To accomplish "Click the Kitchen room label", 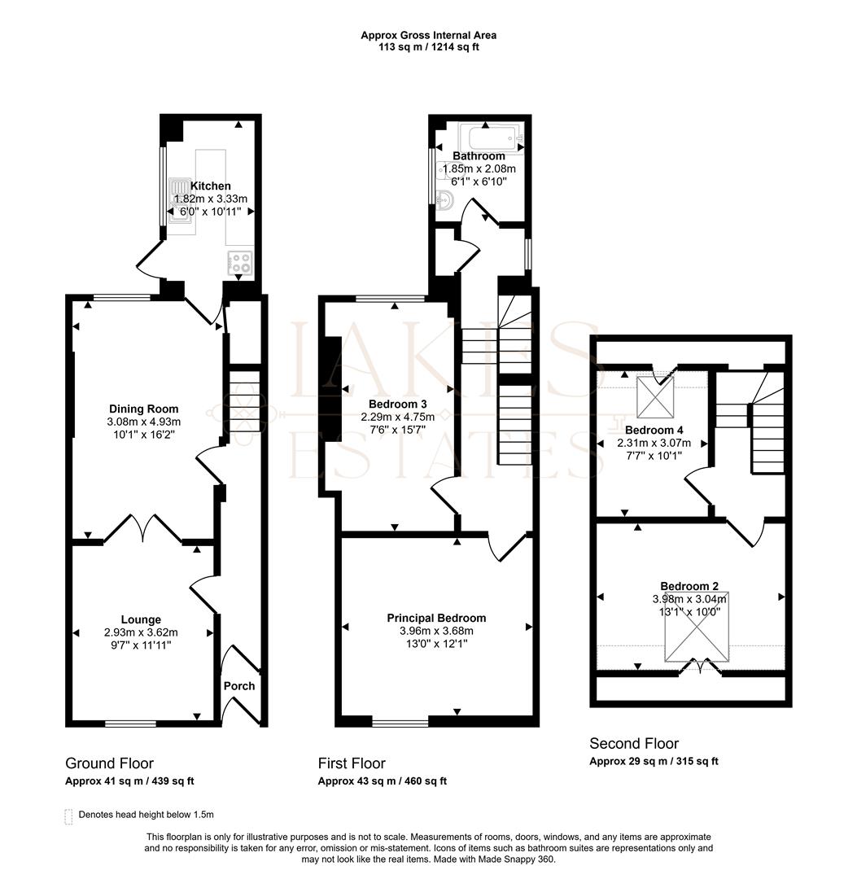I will (211, 186).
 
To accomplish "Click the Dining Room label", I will (144, 409).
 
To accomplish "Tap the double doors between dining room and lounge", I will (143, 528).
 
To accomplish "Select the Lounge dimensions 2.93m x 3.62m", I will (141, 632).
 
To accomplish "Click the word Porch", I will (239, 686).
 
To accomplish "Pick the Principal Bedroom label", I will (436, 619).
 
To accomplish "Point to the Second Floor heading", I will (634, 743).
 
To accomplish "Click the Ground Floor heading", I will (109, 763).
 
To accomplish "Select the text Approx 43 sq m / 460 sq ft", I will (382, 781).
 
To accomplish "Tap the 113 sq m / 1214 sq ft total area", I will (429, 47).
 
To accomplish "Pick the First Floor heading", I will (352, 763).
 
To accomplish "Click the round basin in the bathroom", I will (444, 200).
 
